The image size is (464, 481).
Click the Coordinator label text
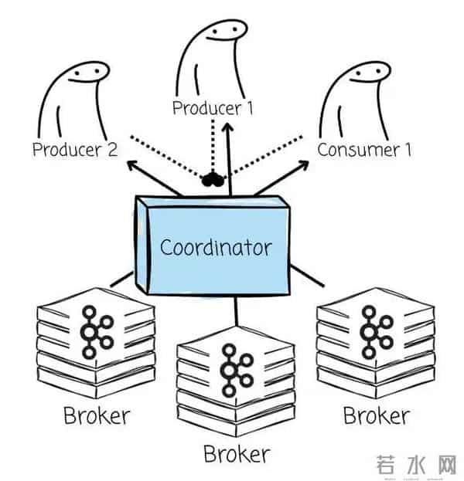point(215,249)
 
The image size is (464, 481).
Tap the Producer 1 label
point(213,108)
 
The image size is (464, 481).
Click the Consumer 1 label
point(363,150)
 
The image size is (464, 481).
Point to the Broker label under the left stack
point(97,417)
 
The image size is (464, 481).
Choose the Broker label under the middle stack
point(237,452)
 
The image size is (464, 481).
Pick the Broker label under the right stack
point(376,416)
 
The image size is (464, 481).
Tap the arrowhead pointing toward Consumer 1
point(302,164)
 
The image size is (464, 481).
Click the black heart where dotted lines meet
point(212,181)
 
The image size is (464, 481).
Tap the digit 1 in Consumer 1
point(408,150)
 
